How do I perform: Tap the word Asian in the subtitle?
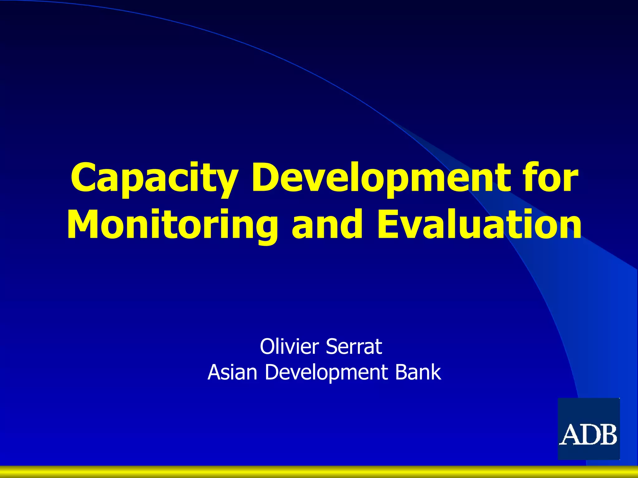coord(232,372)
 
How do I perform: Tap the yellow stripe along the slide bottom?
coord(319,472)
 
